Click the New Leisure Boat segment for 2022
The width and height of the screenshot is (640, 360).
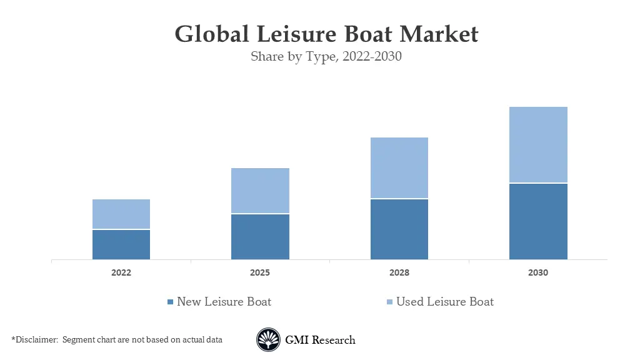point(121,244)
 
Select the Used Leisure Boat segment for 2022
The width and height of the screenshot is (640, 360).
point(121,214)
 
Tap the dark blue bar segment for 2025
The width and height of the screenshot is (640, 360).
point(260,237)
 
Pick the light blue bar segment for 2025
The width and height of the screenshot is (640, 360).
point(260,191)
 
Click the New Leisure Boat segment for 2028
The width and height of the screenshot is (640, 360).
point(399,229)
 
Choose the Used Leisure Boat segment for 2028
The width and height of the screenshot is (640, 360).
point(399,167)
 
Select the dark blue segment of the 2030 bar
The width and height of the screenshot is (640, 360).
point(538,221)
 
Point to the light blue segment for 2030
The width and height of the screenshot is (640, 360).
point(538,144)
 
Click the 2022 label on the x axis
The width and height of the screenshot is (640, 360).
point(121,273)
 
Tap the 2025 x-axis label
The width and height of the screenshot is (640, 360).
point(260,273)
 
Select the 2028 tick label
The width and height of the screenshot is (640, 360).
point(399,273)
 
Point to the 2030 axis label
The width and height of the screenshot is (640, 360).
point(538,273)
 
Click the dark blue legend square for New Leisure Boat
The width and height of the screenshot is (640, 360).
point(170,302)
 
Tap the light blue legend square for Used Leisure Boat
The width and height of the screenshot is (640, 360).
point(389,302)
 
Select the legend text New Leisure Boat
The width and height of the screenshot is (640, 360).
point(224,302)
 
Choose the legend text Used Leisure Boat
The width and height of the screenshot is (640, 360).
point(444,302)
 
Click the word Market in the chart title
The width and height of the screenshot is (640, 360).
point(439,34)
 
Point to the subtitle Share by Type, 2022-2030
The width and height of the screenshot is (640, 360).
point(326,57)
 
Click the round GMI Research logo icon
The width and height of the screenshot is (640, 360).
point(268,340)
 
